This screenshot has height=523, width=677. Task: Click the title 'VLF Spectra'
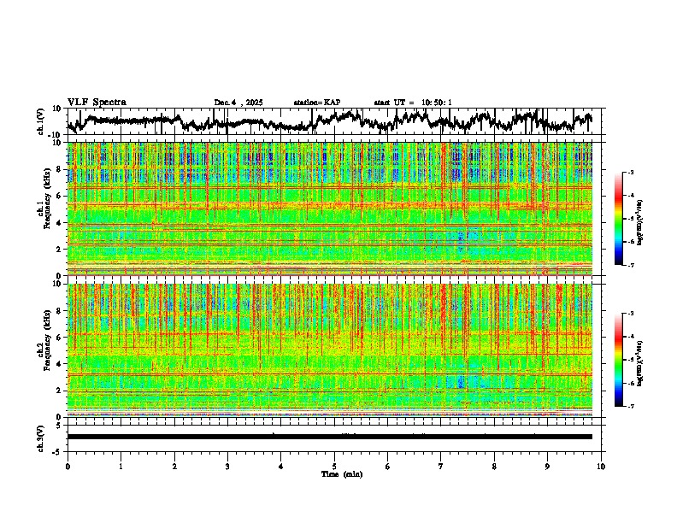pos(97,103)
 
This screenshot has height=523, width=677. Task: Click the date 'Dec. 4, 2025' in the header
pos(238,103)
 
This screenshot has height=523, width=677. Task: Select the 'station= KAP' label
pos(317,103)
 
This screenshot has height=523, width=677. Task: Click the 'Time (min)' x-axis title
pos(341,473)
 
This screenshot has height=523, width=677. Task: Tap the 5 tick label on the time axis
pos(334,467)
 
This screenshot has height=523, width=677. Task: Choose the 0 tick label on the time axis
pos(68,467)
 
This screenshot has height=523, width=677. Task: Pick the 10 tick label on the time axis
pos(601,467)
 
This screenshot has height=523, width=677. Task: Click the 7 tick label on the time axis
pos(441,467)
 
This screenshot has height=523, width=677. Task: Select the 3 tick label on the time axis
pos(227,467)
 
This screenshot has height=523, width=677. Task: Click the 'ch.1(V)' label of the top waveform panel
pos(41,121)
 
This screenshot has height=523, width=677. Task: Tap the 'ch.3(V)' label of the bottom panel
pos(41,437)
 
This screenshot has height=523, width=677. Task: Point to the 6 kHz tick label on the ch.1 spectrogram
pos(58,196)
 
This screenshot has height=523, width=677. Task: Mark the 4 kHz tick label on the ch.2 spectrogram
pos(58,363)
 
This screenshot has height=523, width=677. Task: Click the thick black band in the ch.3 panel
pos(329,437)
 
